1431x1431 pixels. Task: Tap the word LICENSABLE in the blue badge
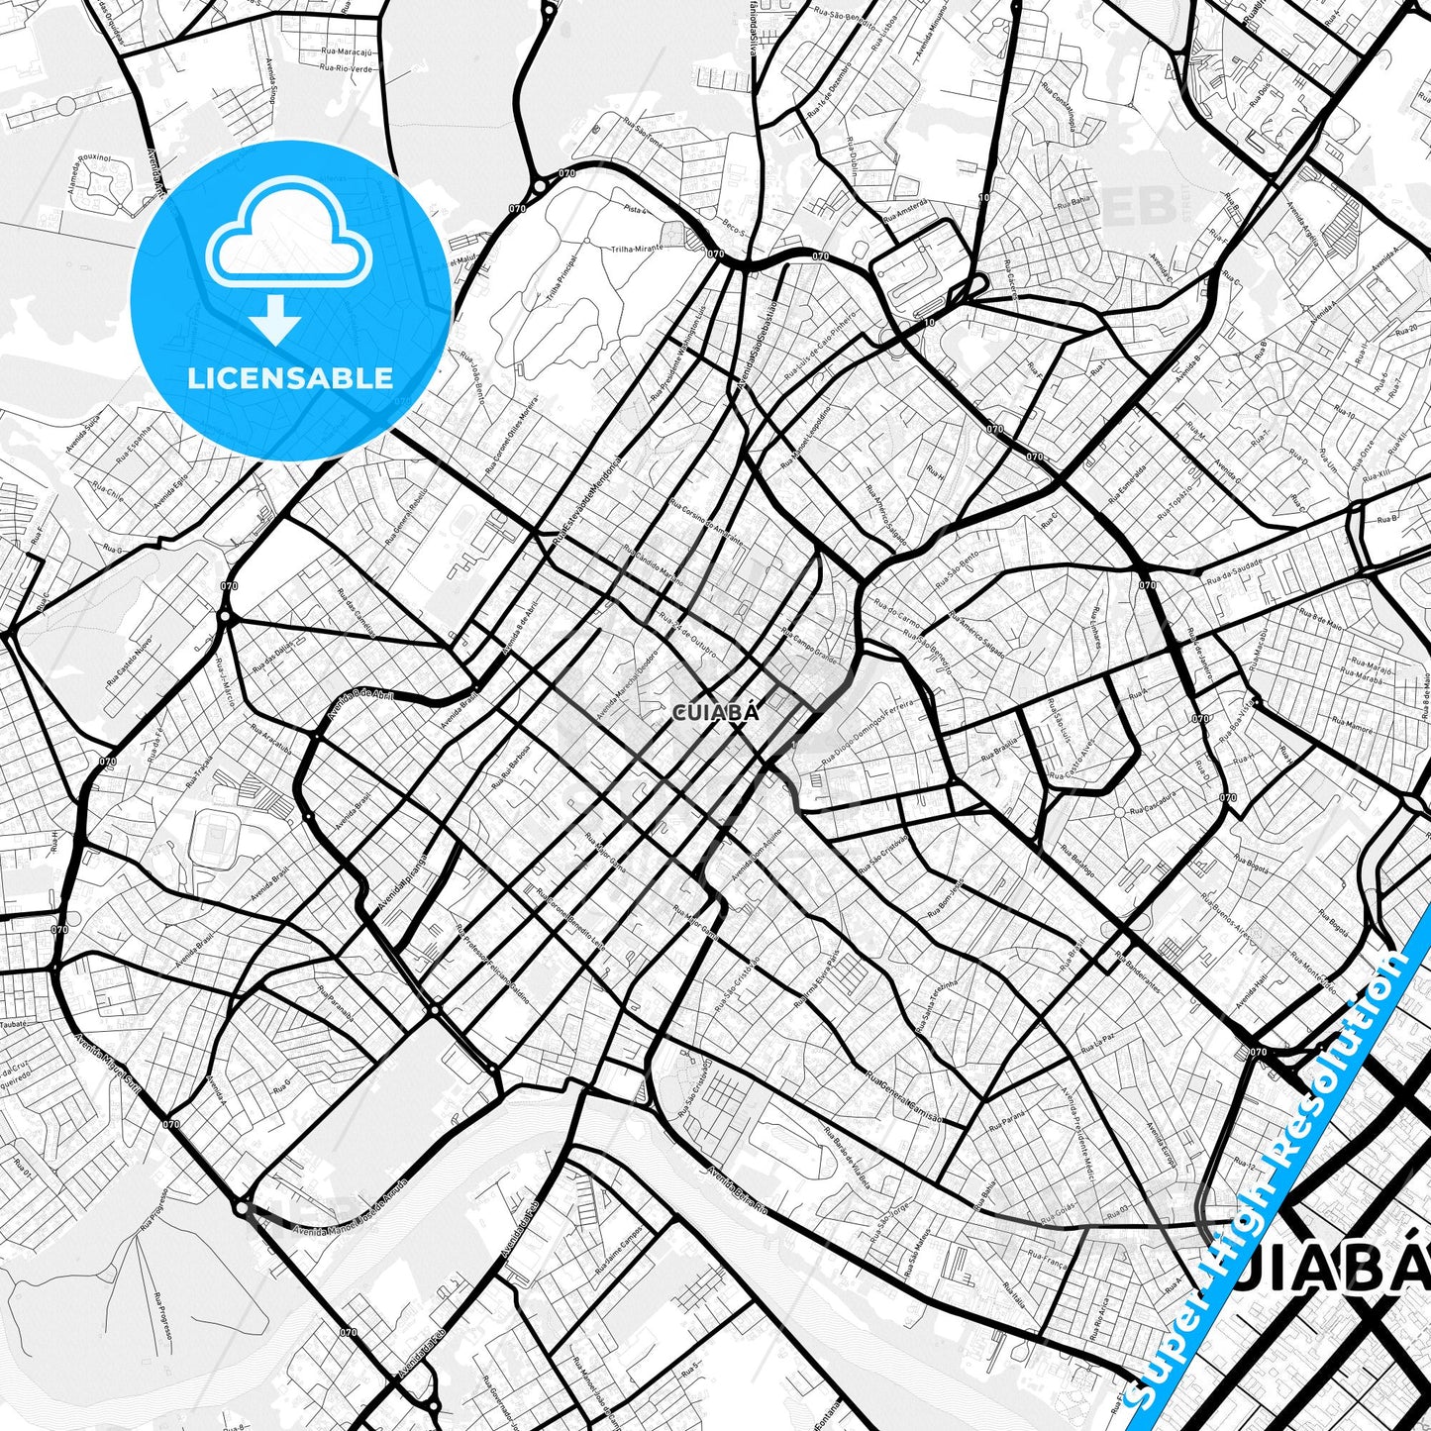(290, 377)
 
